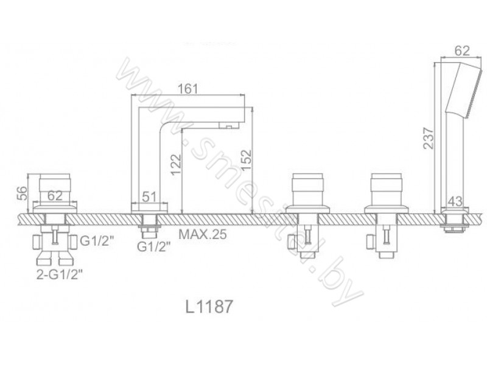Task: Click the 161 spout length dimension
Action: coord(187,89)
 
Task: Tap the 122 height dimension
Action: coord(176,164)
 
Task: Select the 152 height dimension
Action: coord(246,161)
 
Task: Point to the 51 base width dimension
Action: coord(149,196)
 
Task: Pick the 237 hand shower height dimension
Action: coord(429,138)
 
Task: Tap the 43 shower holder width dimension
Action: coord(455,201)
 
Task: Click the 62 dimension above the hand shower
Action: coord(462,50)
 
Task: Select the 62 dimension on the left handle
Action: coord(55,196)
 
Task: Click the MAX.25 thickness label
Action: coord(203,234)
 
